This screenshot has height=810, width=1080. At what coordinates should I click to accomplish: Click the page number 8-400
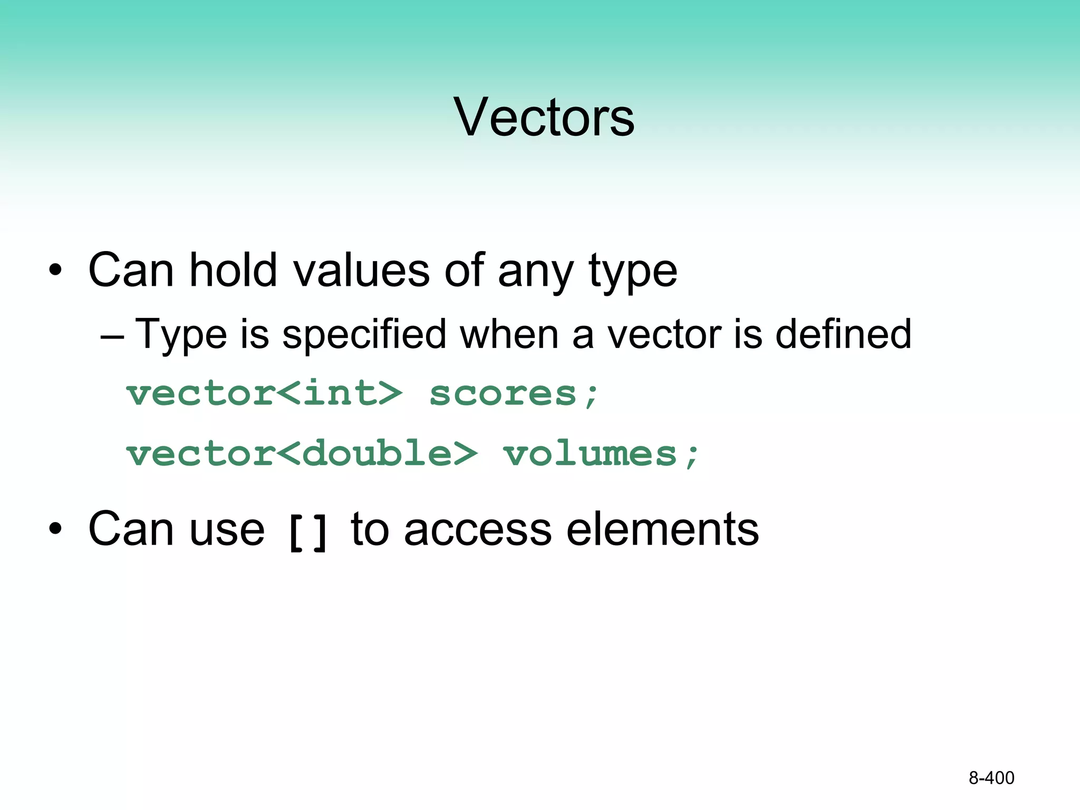pos(991,778)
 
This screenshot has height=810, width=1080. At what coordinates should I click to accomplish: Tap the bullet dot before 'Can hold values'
pos(55,271)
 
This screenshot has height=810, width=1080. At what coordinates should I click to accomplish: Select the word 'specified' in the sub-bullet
pos(364,334)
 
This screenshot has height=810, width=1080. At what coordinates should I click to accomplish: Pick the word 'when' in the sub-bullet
pos(509,334)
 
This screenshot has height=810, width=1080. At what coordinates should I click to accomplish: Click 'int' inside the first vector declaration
pos(339,393)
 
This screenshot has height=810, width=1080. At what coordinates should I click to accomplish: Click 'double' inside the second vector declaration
pos(377,454)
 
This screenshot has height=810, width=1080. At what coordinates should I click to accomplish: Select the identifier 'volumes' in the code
pos(589,454)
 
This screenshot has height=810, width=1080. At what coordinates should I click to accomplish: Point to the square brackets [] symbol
pos(308,533)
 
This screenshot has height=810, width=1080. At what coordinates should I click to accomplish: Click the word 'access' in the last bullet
pos(478,529)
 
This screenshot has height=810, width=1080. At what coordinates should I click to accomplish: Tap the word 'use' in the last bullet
pos(227,530)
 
